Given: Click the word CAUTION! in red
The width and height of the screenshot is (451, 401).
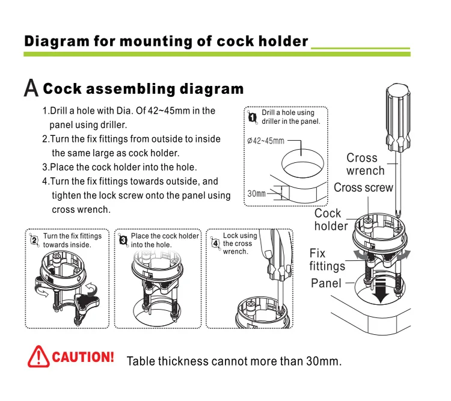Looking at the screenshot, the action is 83,357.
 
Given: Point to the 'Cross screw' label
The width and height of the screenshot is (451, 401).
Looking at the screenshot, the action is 363,188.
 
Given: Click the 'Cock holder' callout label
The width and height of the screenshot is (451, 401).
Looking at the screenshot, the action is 330,219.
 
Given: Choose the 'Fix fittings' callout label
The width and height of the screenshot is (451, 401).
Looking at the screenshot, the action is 327,259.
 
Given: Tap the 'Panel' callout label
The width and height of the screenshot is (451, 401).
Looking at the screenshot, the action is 326,283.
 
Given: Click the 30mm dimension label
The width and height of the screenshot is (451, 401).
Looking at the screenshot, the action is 257,194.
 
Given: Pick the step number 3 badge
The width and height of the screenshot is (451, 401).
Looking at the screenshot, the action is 123,239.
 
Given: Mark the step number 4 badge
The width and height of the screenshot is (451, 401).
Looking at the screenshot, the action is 215,243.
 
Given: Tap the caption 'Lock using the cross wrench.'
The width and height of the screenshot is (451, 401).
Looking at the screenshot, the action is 239,243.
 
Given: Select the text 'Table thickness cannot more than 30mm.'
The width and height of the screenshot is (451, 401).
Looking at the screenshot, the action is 234,361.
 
